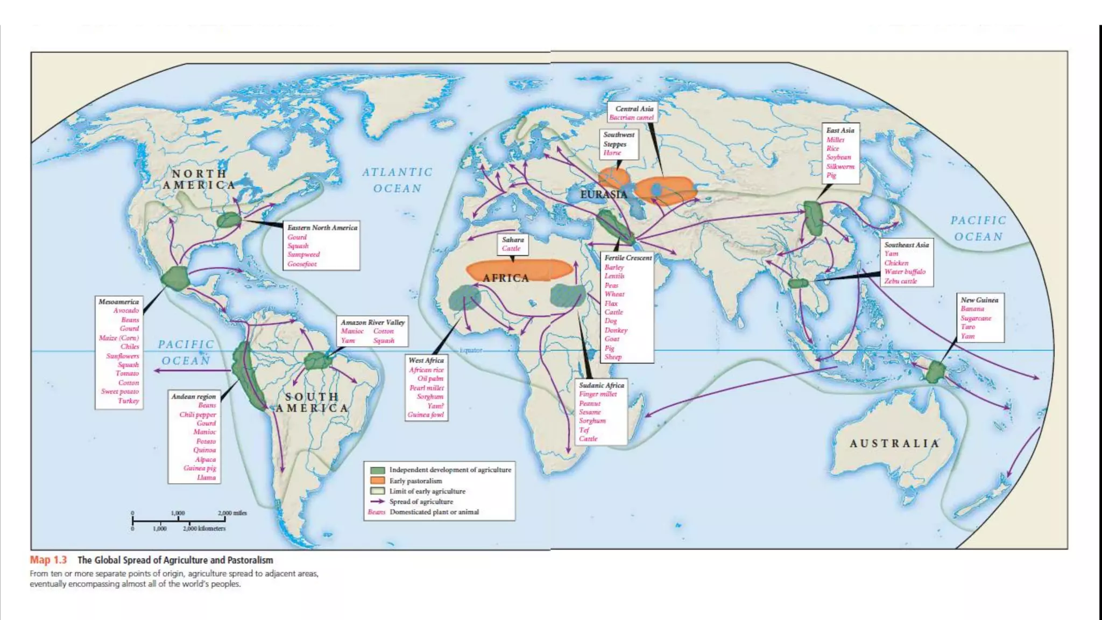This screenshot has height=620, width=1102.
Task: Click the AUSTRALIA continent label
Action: coord(894,443)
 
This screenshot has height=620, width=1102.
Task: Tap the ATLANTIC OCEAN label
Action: coord(397,180)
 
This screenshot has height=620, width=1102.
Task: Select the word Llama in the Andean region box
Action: coord(206,477)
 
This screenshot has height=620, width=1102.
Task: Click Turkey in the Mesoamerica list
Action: coord(129,400)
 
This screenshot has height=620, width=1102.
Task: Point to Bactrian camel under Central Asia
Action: coord(631,117)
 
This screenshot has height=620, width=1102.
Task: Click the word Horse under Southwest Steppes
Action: coord(612,153)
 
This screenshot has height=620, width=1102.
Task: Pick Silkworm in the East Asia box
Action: coord(840,166)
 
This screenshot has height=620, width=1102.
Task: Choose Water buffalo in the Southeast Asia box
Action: coord(905,272)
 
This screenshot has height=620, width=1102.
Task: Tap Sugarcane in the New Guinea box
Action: coord(976,318)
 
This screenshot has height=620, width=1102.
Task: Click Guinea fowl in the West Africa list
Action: coord(426,414)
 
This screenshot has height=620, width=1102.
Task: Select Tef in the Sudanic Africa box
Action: coord(584,430)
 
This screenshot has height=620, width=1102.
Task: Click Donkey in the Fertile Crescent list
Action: coord(616,330)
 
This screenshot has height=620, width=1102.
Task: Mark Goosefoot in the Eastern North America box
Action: coord(302,264)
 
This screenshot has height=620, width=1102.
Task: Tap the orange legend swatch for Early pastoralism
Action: coord(378,481)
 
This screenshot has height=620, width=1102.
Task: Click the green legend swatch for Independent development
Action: coord(378,470)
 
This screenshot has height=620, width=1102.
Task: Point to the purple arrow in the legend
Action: coord(378,502)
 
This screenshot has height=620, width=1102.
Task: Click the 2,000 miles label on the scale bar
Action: coord(232,513)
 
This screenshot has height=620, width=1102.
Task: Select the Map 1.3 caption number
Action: coord(48,560)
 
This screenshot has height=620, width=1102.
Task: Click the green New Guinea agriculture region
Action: coord(936,372)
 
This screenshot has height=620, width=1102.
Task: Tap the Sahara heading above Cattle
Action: coord(512,239)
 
